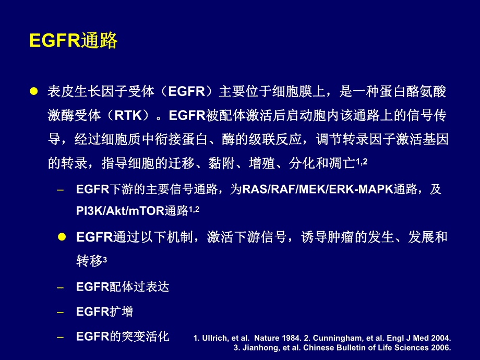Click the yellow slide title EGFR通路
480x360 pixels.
point(74,41)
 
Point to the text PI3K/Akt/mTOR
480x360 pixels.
point(120,211)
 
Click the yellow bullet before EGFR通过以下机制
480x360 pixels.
point(62,236)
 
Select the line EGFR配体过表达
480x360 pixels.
point(123,287)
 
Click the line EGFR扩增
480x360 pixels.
point(104,312)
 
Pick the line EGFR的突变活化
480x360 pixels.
point(123,337)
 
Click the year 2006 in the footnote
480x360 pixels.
point(441,347)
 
